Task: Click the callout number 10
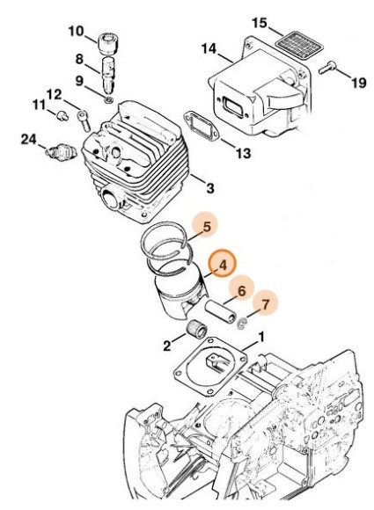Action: click(x=76, y=32)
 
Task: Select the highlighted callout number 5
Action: click(x=207, y=228)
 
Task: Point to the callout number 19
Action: click(x=359, y=83)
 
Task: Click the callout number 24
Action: click(x=29, y=140)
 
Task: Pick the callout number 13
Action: click(x=243, y=153)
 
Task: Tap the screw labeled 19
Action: click(x=326, y=68)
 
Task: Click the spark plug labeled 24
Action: click(x=62, y=152)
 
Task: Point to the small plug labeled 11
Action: click(x=62, y=116)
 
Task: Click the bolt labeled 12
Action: click(x=84, y=121)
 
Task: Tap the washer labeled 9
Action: click(x=109, y=99)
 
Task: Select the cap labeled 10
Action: click(x=106, y=43)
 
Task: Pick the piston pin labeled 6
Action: click(x=220, y=312)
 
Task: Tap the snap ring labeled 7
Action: click(x=242, y=324)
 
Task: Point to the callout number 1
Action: click(x=261, y=337)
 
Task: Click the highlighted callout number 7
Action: click(x=266, y=305)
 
